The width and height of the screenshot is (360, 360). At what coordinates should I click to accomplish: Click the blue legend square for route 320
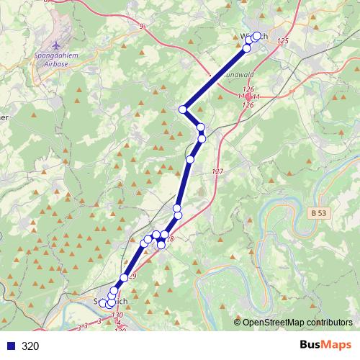tap(10, 346)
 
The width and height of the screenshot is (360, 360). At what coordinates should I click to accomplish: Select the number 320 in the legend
tap(31, 346)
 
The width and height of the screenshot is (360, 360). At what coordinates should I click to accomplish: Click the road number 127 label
tap(218, 171)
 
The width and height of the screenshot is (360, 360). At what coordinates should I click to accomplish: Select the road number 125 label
tap(282, 41)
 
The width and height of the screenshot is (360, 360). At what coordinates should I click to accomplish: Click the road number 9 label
tap(142, 27)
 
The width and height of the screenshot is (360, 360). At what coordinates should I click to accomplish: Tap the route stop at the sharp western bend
tap(183, 109)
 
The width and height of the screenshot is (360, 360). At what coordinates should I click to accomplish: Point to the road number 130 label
tap(117, 315)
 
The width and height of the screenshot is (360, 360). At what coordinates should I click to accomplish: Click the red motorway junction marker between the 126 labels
tap(248, 96)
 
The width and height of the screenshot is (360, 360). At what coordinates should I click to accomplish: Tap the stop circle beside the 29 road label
tap(125, 277)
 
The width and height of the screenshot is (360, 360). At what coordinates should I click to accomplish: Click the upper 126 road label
tap(248, 89)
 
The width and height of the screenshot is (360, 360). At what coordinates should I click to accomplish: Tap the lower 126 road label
tap(248, 105)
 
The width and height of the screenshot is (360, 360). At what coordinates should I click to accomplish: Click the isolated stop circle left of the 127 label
tap(190, 159)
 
